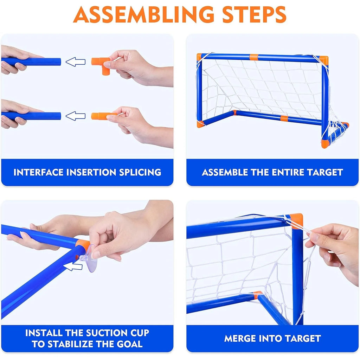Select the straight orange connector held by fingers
point(100,116)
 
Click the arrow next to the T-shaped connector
point(76,62)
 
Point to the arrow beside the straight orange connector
point(76,116)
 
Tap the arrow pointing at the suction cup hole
point(74,267)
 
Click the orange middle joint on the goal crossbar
point(253,56)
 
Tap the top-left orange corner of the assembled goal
point(199,56)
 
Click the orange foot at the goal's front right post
point(324,144)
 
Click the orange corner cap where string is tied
point(296,221)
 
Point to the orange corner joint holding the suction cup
point(83,244)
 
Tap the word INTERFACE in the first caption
point(39,172)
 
